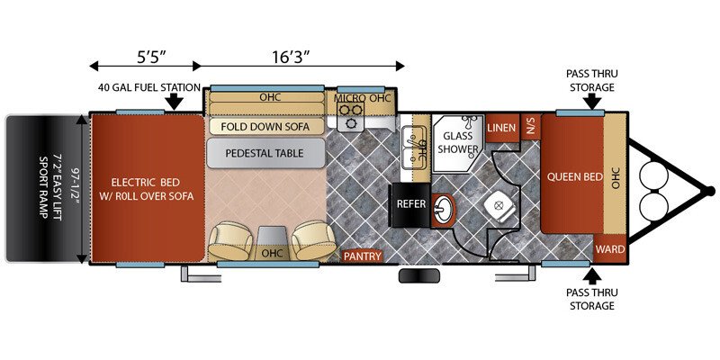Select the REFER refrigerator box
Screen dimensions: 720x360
click(x=410, y=204)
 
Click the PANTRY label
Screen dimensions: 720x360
click(x=363, y=256)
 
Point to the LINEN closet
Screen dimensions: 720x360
click(x=501, y=127)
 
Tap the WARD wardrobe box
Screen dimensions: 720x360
click(x=610, y=249)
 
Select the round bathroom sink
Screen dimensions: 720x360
click(x=443, y=211)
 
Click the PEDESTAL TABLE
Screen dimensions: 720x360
click(x=265, y=153)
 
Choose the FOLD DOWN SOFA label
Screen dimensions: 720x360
click(x=265, y=126)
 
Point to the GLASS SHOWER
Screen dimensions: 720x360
click(x=457, y=143)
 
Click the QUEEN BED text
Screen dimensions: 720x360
click(x=574, y=176)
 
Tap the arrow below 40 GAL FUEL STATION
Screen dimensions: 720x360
click(x=174, y=102)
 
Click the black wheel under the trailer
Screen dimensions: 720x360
click(x=419, y=276)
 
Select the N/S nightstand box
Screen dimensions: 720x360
click(x=531, y=126)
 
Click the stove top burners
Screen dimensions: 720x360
click(x=351, y=116)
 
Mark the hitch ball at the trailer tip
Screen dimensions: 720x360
click(x=710, y=191)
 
